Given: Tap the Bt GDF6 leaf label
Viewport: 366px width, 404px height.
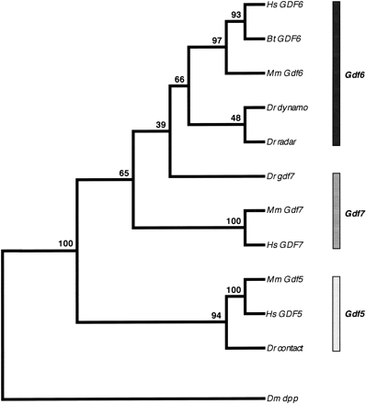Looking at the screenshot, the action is pos(281,39).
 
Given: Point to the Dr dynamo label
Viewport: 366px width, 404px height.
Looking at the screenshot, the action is pos(287,107).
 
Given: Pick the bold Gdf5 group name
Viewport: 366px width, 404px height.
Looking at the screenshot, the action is pos(354,313).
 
